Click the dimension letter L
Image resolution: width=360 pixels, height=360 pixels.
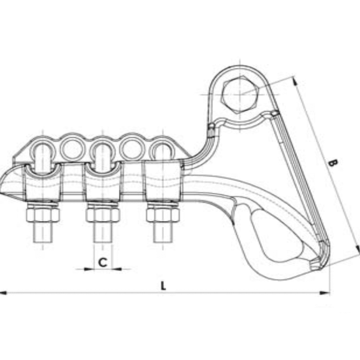tap(164, 285)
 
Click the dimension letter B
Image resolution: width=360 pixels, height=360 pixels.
tap(333, 163)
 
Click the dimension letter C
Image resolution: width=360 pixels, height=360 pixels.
tap(103, 262)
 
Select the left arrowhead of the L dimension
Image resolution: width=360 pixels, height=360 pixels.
tap(4, 293)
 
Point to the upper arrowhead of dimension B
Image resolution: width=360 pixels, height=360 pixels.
tap(295, 81)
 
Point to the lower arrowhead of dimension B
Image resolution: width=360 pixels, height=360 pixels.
tap(358, 250)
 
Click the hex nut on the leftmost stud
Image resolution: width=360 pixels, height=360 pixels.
tap(43, 215)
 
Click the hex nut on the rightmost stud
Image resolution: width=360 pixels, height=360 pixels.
tap(163, 215)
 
